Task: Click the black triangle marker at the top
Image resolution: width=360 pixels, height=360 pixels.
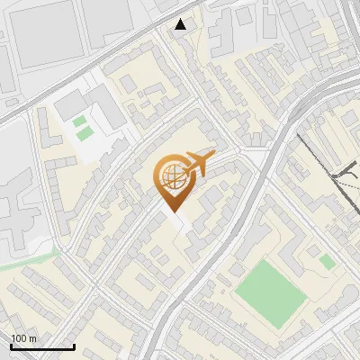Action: pos(181,24)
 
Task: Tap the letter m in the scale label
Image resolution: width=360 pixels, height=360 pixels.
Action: pos(31,338)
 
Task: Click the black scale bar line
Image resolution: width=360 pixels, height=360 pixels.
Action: pos(42,346)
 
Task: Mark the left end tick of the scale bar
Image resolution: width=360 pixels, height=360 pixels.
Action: pos(12,346)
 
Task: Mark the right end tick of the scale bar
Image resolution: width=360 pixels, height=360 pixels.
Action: pos(74,346)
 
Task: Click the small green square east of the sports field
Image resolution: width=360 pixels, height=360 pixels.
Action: pos(328,261)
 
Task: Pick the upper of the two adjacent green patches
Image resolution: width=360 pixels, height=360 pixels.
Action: pos(79,121)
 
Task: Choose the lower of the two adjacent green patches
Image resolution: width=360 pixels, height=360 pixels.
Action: pos(85,134)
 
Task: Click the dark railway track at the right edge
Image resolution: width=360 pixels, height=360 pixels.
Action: pos(346,180)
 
